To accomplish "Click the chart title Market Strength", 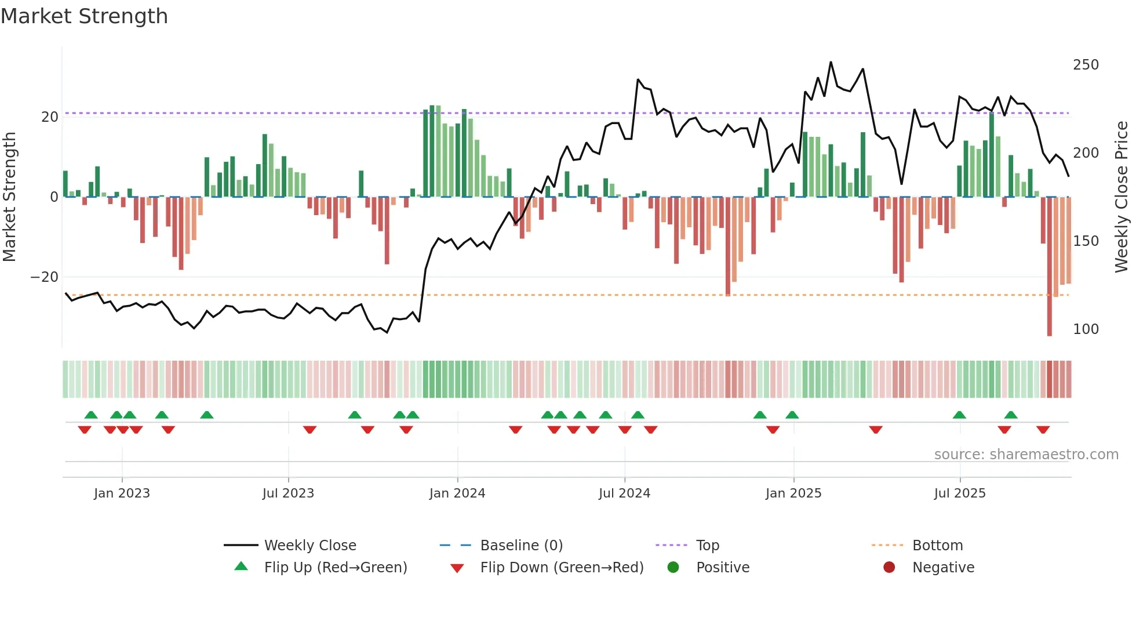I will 84,16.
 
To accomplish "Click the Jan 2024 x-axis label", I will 457,493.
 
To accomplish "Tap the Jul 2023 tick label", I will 288,493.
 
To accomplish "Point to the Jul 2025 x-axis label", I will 959,493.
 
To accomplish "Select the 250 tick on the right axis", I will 1086,65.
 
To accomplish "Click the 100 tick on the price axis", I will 1086,329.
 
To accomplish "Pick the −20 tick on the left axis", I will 44,277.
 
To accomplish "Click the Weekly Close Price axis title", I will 1122,197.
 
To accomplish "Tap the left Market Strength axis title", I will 10,197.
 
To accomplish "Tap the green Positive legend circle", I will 673,568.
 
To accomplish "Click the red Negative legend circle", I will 889,568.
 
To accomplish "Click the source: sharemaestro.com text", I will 1026,455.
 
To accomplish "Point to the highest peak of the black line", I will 831,62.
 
